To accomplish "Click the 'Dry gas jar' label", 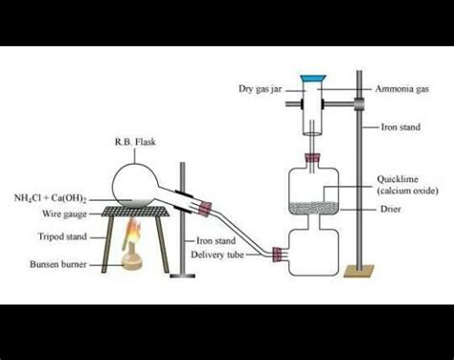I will tap(259, 89).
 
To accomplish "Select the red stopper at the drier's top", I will tap(312, 157).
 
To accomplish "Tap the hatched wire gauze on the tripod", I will tap(135, 208).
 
